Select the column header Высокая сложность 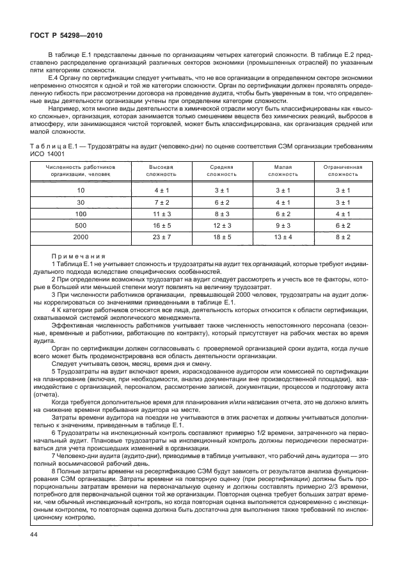159,170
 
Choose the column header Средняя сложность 221,170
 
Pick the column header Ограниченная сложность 344,170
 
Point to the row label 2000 81,237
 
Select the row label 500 81,225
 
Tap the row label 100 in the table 81,214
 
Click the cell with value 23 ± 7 160,237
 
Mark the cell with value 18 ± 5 221,237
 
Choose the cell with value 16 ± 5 160,225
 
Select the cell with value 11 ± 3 160,214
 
